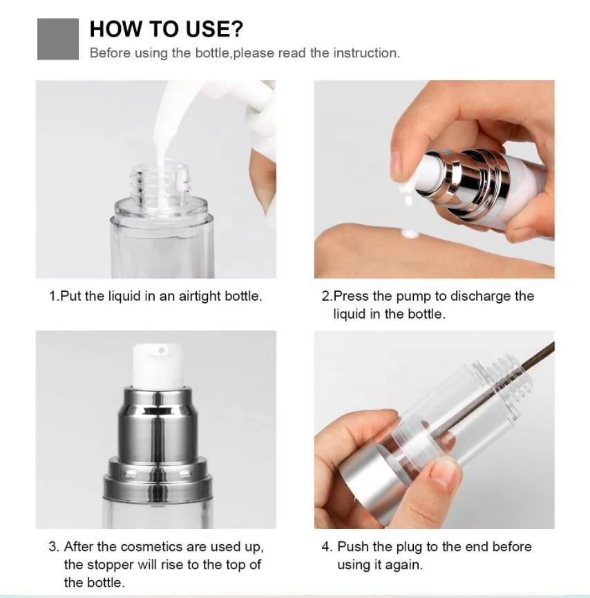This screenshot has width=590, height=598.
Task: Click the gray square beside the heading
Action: click(58, 39)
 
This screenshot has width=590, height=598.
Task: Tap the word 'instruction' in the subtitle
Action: click(367, 53)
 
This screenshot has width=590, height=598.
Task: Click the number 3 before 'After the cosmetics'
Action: click(53, 547)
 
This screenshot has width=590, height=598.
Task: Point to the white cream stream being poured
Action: click(164, 126)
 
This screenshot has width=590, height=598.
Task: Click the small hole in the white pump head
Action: click(162, 350)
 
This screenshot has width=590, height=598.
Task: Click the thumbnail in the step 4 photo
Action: click(445, 474)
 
